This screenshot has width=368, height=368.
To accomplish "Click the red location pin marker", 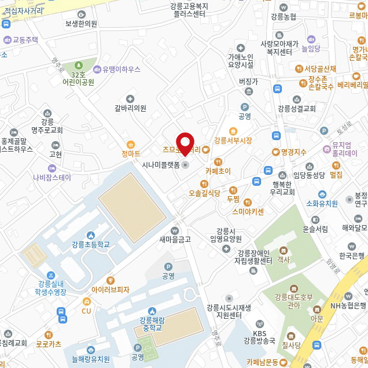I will (x=185, y=142).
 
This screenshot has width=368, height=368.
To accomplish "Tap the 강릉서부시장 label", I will (x=233, y=141).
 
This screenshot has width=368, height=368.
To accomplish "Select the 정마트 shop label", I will (x=131, y=153).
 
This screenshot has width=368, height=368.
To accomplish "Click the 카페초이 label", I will (x=218, y=171).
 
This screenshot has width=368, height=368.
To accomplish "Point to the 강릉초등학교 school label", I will (x=91, y=244).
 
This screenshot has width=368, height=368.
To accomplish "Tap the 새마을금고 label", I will (x=175, y=239).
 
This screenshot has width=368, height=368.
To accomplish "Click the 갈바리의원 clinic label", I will (x=130, y=108).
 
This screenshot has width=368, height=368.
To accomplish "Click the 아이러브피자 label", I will (x=111, y=289).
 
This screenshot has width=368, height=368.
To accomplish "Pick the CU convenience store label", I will (x=87, y=311).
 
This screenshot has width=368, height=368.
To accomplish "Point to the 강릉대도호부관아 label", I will (x=293, y=301).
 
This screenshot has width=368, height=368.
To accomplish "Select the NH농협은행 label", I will (x=348, y=306).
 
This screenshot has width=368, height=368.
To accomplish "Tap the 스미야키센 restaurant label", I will (x=248, y=211).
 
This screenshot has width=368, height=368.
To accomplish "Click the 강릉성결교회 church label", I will (x=297, y=108).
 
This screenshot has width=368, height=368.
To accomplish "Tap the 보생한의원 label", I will (x=81, y=24).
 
